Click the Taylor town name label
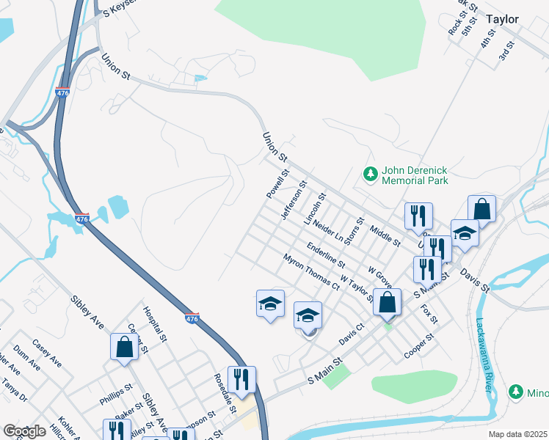tap(502, 20)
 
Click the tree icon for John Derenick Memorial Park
tap(371, 174)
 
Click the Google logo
tap(24, 431)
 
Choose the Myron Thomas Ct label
tap(311, 271)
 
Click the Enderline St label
tap(327, 254)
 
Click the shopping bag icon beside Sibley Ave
tap(123, 347)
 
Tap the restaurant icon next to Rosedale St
tap(241, 379)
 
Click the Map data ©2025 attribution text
tap(517, 434)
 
